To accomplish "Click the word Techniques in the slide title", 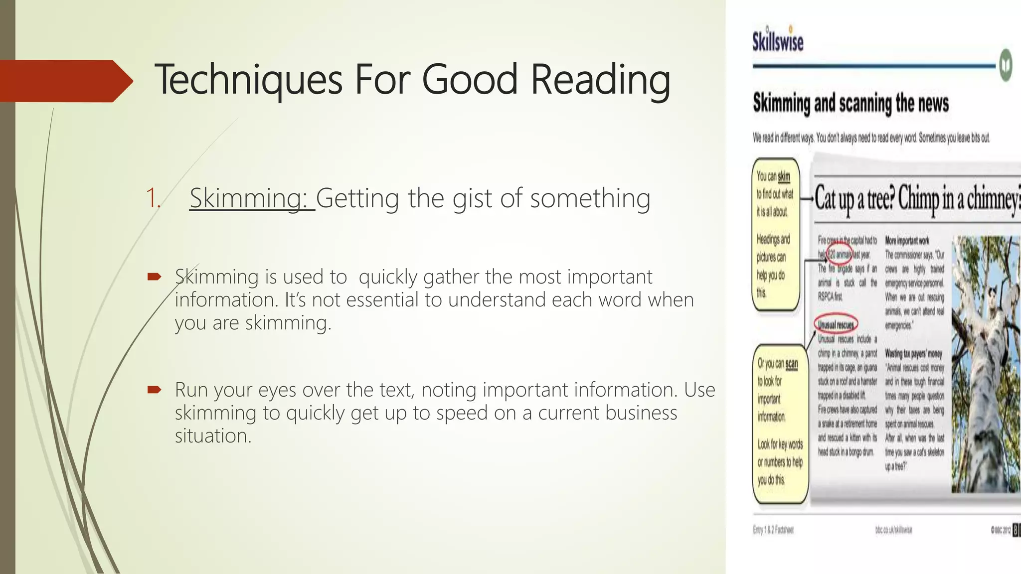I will tap(248, 80).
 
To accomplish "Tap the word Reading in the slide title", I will tap(600, 80).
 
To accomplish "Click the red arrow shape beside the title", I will tap(65, 81).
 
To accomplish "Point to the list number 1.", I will tap(153, 198).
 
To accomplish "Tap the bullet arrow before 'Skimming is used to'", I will tap(154, 277).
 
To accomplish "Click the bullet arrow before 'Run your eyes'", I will tap(154, 390).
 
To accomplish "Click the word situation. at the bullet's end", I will tap(213, 436).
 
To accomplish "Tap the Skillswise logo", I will tap(778, 40).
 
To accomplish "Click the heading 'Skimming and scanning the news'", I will tap(851, 103).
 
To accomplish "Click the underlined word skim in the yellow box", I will tap(784, 176).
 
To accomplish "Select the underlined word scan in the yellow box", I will tap(791, 364).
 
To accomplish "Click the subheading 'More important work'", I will tap(907, 241).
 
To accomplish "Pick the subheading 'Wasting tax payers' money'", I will tap(913, 354).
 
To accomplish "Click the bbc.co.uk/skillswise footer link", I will tap(893, 530).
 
